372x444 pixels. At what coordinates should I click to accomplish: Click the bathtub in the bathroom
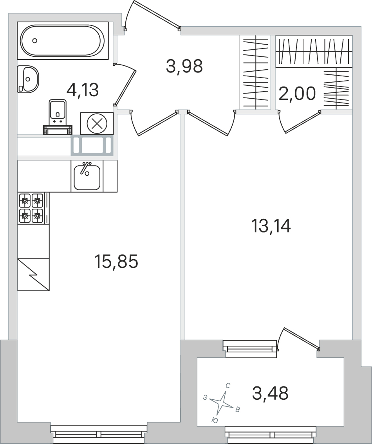(63, 41)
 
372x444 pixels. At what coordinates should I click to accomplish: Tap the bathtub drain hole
(34, 41)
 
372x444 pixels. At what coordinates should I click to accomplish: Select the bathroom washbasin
(28, 79)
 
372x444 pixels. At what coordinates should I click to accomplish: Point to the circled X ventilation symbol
(97, 124)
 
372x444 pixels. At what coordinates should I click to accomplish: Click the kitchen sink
(87, 176)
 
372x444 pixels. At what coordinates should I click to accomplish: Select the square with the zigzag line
(33, 274)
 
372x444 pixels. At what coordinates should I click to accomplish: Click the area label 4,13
(82, 90)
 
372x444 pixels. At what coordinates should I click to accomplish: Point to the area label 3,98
(184, 67)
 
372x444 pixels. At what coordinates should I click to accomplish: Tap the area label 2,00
(297, 94)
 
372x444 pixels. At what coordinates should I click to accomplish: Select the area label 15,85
(116, 262)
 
